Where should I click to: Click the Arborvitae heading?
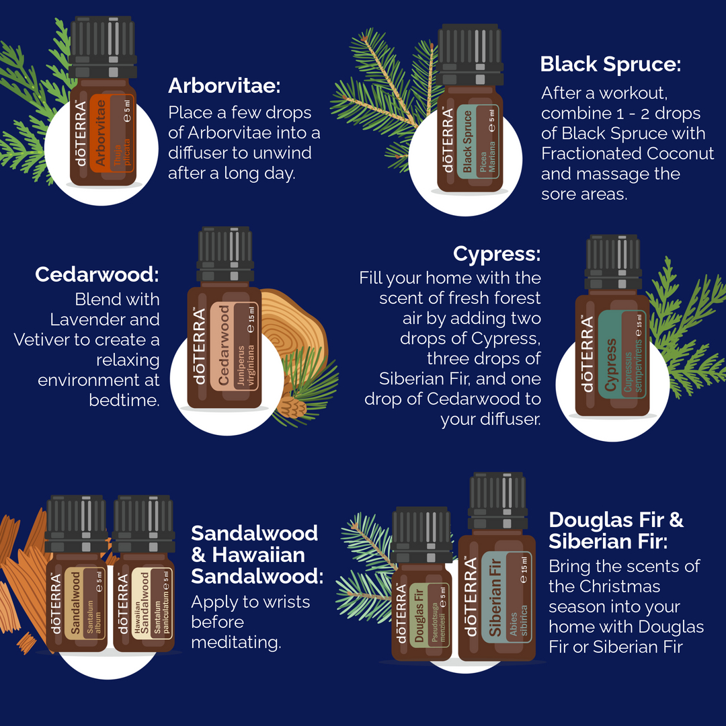tap(224, 85)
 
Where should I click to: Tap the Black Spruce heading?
tap(610, 65)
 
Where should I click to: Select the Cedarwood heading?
tap(97, 274)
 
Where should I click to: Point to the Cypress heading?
tap(497, 254)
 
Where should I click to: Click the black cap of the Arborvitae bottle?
tap(103, 47)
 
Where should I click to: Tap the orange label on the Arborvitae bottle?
tap(112, 133)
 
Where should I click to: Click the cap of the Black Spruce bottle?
tap(470, 54)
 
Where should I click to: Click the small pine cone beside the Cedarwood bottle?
tap(292, 407)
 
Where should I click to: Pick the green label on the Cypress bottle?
tap(622, 355)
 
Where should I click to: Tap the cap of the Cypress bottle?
tap(613, 263)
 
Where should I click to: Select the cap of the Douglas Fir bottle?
tap(421, 535)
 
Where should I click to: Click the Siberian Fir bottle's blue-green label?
tap(505, 598)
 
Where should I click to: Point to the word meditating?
tap(236, 643)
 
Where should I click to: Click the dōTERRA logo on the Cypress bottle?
tap(587, 354)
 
